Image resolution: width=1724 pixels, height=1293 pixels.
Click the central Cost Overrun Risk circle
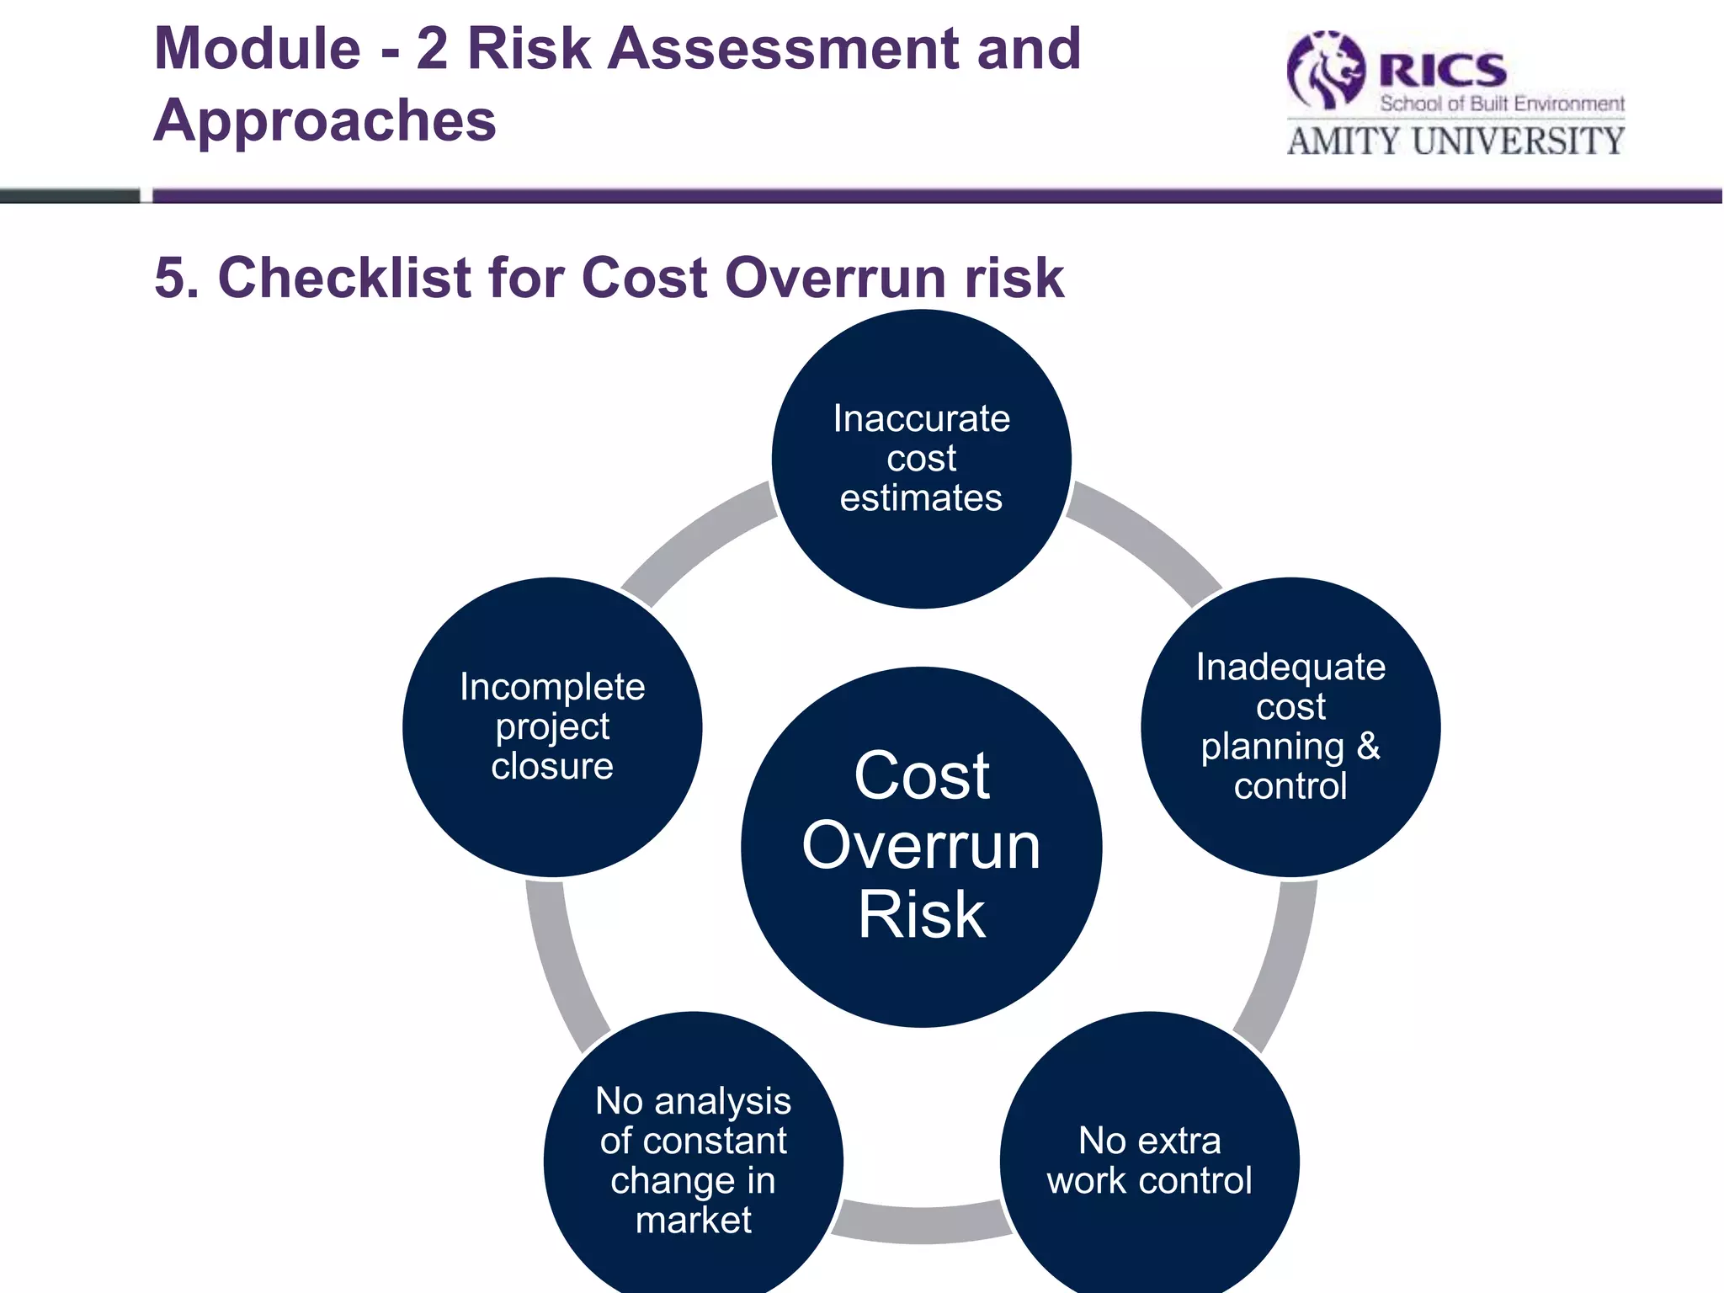921,846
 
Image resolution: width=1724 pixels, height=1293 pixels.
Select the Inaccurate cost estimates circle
921,459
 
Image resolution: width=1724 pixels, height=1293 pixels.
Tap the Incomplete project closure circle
552,726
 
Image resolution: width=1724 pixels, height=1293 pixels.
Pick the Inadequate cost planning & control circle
1290,726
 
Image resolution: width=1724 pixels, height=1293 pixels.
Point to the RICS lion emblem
1327,71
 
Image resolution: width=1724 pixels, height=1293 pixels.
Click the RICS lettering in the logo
1442,69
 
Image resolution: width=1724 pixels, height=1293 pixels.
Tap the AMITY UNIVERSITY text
1455,141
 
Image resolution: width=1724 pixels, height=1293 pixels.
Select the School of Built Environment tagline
1502,104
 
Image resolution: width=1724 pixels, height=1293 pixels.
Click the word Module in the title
258,49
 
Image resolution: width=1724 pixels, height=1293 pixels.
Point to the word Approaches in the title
325,120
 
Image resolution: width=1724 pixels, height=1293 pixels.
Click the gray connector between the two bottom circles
921,1222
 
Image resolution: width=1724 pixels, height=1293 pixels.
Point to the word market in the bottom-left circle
693,1220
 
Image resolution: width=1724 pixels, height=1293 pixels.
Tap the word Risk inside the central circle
921,915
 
